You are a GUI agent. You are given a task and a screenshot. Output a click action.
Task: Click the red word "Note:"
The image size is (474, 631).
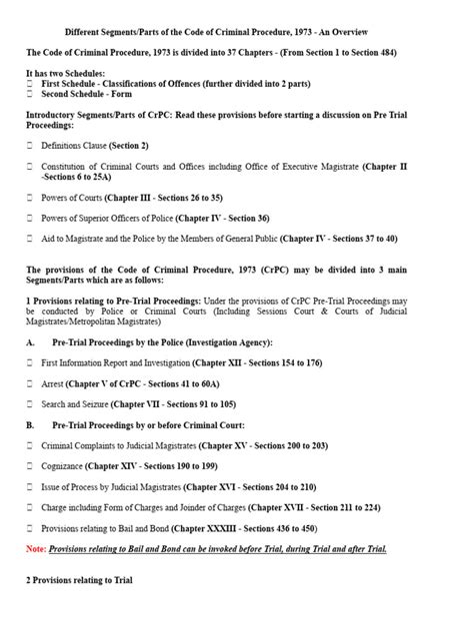(37, 548)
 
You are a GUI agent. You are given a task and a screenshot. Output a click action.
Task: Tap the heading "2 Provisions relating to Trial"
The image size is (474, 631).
(78, 580)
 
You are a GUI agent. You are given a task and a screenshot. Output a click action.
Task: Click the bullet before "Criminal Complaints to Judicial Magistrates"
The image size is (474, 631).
(30, 445)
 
